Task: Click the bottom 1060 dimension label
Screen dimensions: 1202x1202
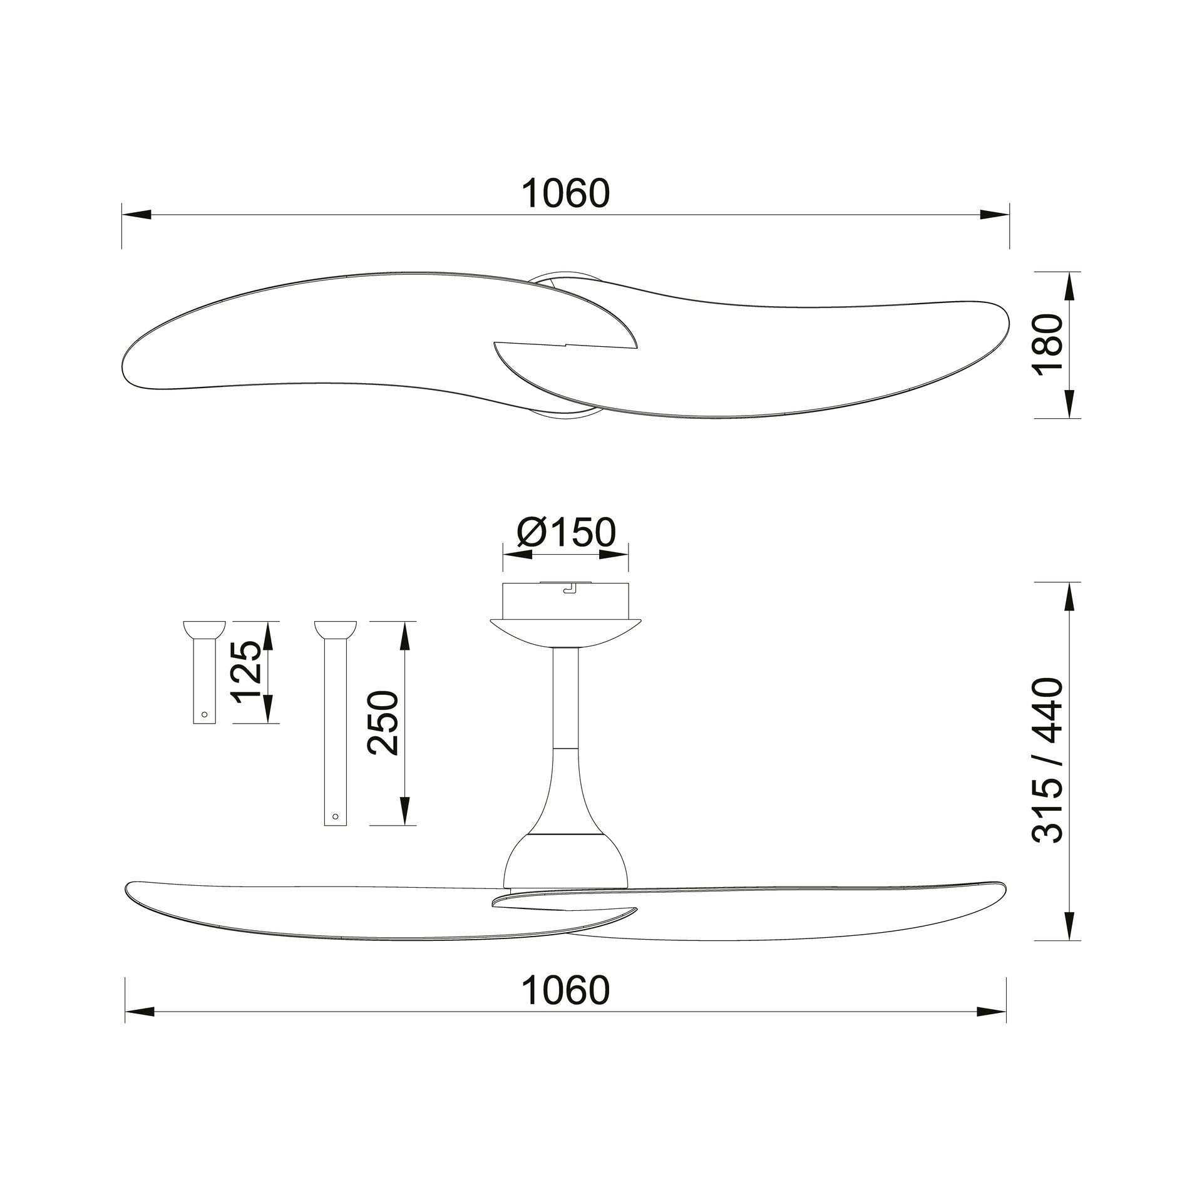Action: (x=565, y=990)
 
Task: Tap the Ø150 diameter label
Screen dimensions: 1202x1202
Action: (x=567, y=532)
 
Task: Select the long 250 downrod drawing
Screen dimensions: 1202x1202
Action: (x=335, y=723)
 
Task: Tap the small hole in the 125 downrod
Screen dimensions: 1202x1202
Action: (x=204, y=714)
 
